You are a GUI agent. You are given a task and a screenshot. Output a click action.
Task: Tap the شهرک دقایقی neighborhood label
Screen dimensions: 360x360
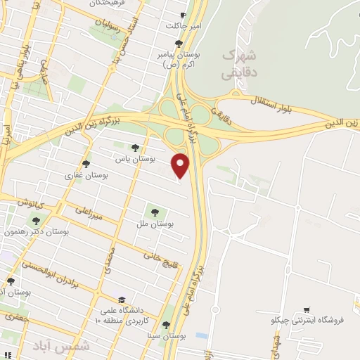(238, 63)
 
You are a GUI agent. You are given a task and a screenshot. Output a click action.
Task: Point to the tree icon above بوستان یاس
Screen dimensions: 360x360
(135, 148)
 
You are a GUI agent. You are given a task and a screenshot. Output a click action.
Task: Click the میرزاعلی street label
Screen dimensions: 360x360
(88, 214)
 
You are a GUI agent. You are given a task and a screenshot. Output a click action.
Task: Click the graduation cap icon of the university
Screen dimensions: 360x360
(122, 298)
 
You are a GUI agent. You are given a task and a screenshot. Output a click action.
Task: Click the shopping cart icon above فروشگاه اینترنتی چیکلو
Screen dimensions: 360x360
(306, 309)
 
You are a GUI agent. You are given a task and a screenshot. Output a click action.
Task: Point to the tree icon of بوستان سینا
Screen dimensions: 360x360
(165, 325)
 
